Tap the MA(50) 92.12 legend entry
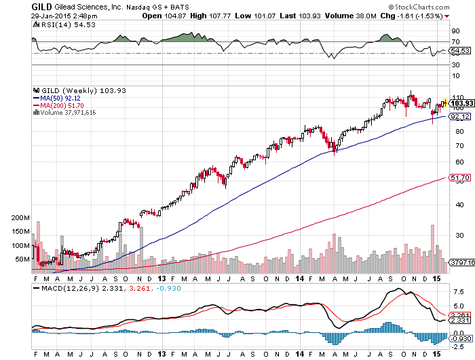(60, 98)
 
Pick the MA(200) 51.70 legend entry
(62, 105)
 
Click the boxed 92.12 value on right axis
(461, 117)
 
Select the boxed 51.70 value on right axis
(461, 178)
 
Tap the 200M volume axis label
(21, 218)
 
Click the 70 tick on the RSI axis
(456, 41)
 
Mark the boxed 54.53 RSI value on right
(461, 51)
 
